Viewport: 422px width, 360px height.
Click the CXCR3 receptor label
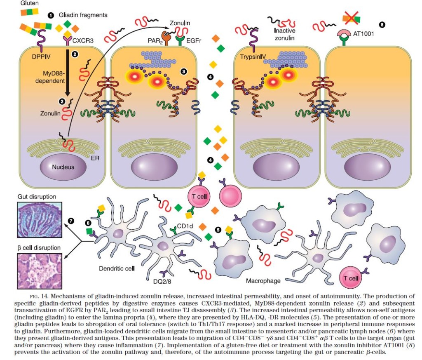[83, 41]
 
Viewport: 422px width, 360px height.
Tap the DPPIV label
[41, 56]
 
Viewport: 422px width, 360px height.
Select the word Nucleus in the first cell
[63, 167]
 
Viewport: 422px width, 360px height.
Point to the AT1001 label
[363, 34]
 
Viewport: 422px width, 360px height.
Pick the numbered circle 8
[382, 25]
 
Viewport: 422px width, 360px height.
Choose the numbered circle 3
[184, 71]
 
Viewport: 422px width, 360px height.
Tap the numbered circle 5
[218, 230]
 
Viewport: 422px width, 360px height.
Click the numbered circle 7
[71, 221]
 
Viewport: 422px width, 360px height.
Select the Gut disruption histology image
[40, 220]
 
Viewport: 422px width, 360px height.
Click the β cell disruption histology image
[40, 271]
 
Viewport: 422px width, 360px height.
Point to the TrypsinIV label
[253, 57]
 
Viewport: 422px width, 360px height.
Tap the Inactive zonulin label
[285, 34]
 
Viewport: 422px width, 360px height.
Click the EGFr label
[194, 41]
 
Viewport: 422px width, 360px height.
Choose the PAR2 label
[155, 41]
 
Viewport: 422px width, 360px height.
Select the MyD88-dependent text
[50, 77]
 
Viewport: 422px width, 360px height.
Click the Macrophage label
[263, 281]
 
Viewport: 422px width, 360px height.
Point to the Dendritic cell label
[117, 268]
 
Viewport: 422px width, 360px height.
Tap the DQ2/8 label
[162, 282]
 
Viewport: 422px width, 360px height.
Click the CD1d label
[185, 226]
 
